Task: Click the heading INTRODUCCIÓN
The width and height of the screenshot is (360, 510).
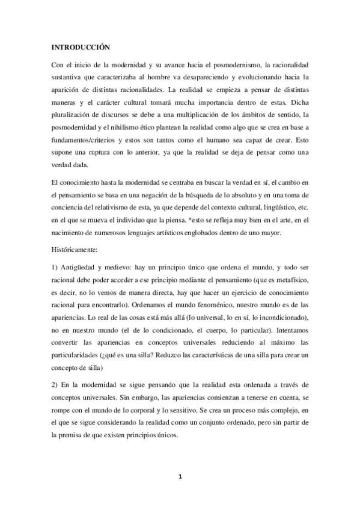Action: (x=80, y=46)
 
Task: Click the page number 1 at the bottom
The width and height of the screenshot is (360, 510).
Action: (x=180, y=477)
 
